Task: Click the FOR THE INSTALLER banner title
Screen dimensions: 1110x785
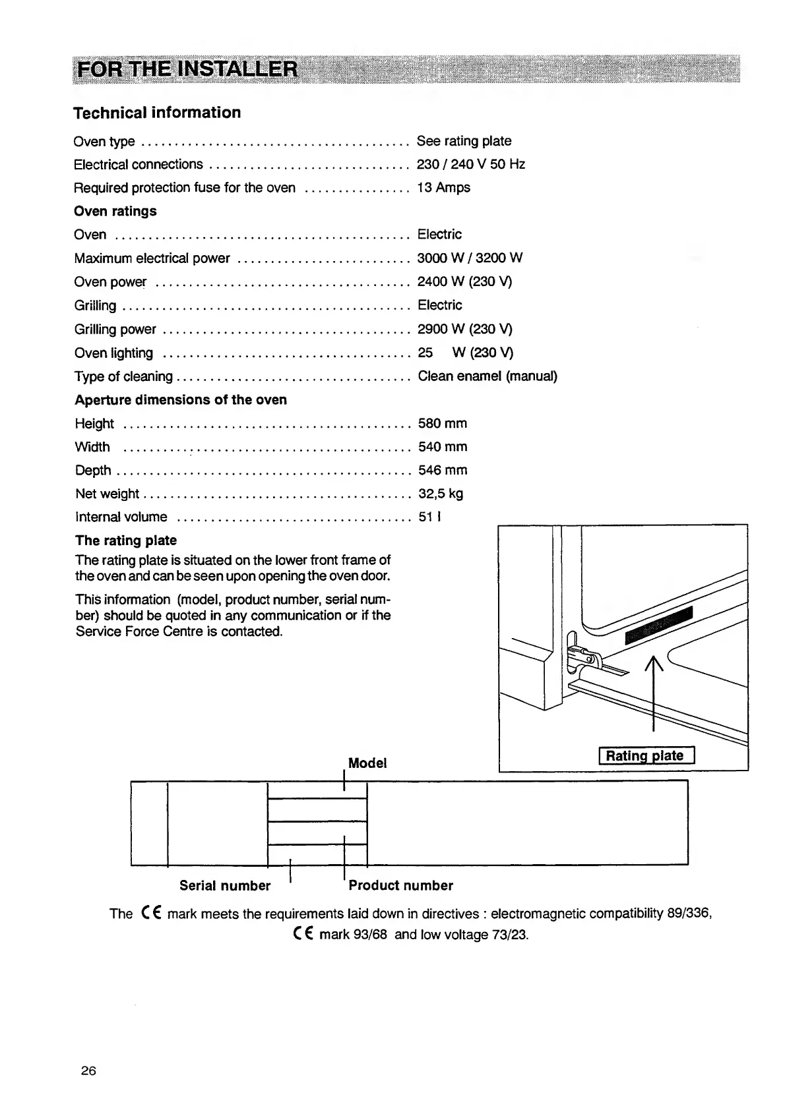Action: (x=187, y=69)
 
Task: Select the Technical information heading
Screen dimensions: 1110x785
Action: (x=157, y=113)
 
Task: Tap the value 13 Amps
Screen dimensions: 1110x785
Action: (x=443, y=188)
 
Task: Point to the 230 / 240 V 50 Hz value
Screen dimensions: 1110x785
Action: (x=470, y=164)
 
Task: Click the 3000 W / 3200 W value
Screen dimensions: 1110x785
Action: (x=470, y=258)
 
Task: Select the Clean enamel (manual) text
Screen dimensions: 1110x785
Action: (x=487, y=376)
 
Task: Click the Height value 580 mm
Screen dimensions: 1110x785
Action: (x=442, y=423)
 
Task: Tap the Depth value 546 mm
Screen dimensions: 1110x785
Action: (x=442, y=470)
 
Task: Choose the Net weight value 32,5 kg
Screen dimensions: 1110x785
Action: (x=440, y=494)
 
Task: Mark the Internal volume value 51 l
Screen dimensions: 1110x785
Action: (x=429, y=517)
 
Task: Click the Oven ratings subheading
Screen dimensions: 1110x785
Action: (x=115, y=211)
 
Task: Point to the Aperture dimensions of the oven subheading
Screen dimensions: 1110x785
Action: (x=181, y=400)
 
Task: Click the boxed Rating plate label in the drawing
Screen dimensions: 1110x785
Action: (x=646, y=756)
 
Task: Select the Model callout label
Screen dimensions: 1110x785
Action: (x=367, y=763)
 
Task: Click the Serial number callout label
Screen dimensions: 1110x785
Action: (x=225, y=886)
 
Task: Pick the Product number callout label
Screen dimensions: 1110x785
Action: (x=401, y=886)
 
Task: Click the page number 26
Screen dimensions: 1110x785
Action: (x=88, y=1071)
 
